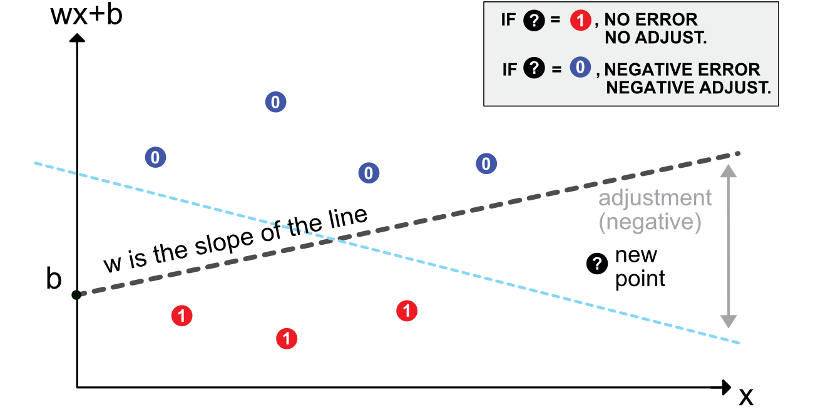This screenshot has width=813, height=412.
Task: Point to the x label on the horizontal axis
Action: [x=745, y=396]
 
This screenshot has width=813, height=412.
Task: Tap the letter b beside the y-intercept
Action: [x=54, y=280]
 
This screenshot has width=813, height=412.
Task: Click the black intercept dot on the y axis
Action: [x=76, y=295]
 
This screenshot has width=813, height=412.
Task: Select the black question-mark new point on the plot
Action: [x=597, y=264]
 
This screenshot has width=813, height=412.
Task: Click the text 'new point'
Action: [x=638, y=267]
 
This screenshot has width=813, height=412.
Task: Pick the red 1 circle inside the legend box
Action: [x=581, y=21]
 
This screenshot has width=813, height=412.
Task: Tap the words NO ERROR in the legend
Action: [x=651, y=21]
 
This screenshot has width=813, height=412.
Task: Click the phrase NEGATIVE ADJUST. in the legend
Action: [x=688, y=88]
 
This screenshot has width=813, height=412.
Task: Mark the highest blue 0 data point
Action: [x=276, y=101]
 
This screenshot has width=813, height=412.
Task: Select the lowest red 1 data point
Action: [x=287, y=339]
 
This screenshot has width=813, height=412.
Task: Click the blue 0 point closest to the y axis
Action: [x=155, y=157]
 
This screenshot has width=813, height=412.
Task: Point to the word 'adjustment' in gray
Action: [x=655, y=198]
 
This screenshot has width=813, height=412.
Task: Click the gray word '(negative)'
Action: [x=650, y=222]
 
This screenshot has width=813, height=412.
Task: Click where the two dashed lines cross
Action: [x=337, y=239]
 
